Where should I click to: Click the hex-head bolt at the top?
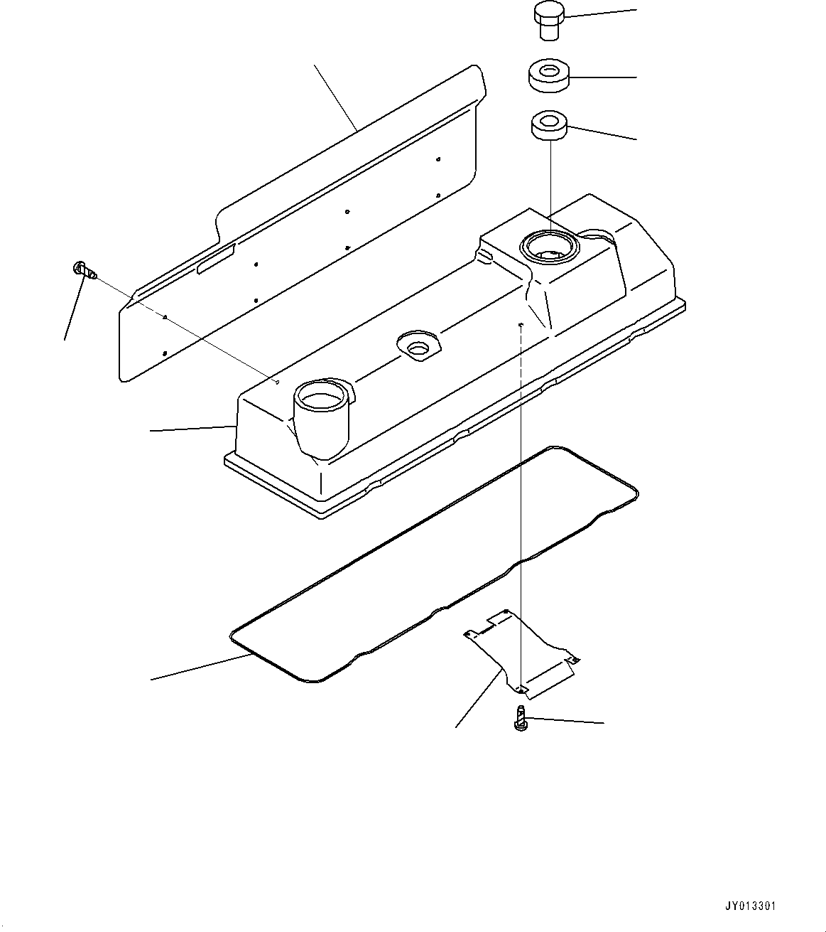(548, 21)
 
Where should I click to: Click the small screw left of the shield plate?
(85, 269)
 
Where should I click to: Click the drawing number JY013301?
(750, 906)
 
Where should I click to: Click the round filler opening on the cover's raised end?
(550, 247)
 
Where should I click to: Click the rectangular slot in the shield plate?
(215, 259)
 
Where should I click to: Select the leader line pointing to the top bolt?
(601, 14)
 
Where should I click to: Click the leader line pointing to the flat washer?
(604, 77)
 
